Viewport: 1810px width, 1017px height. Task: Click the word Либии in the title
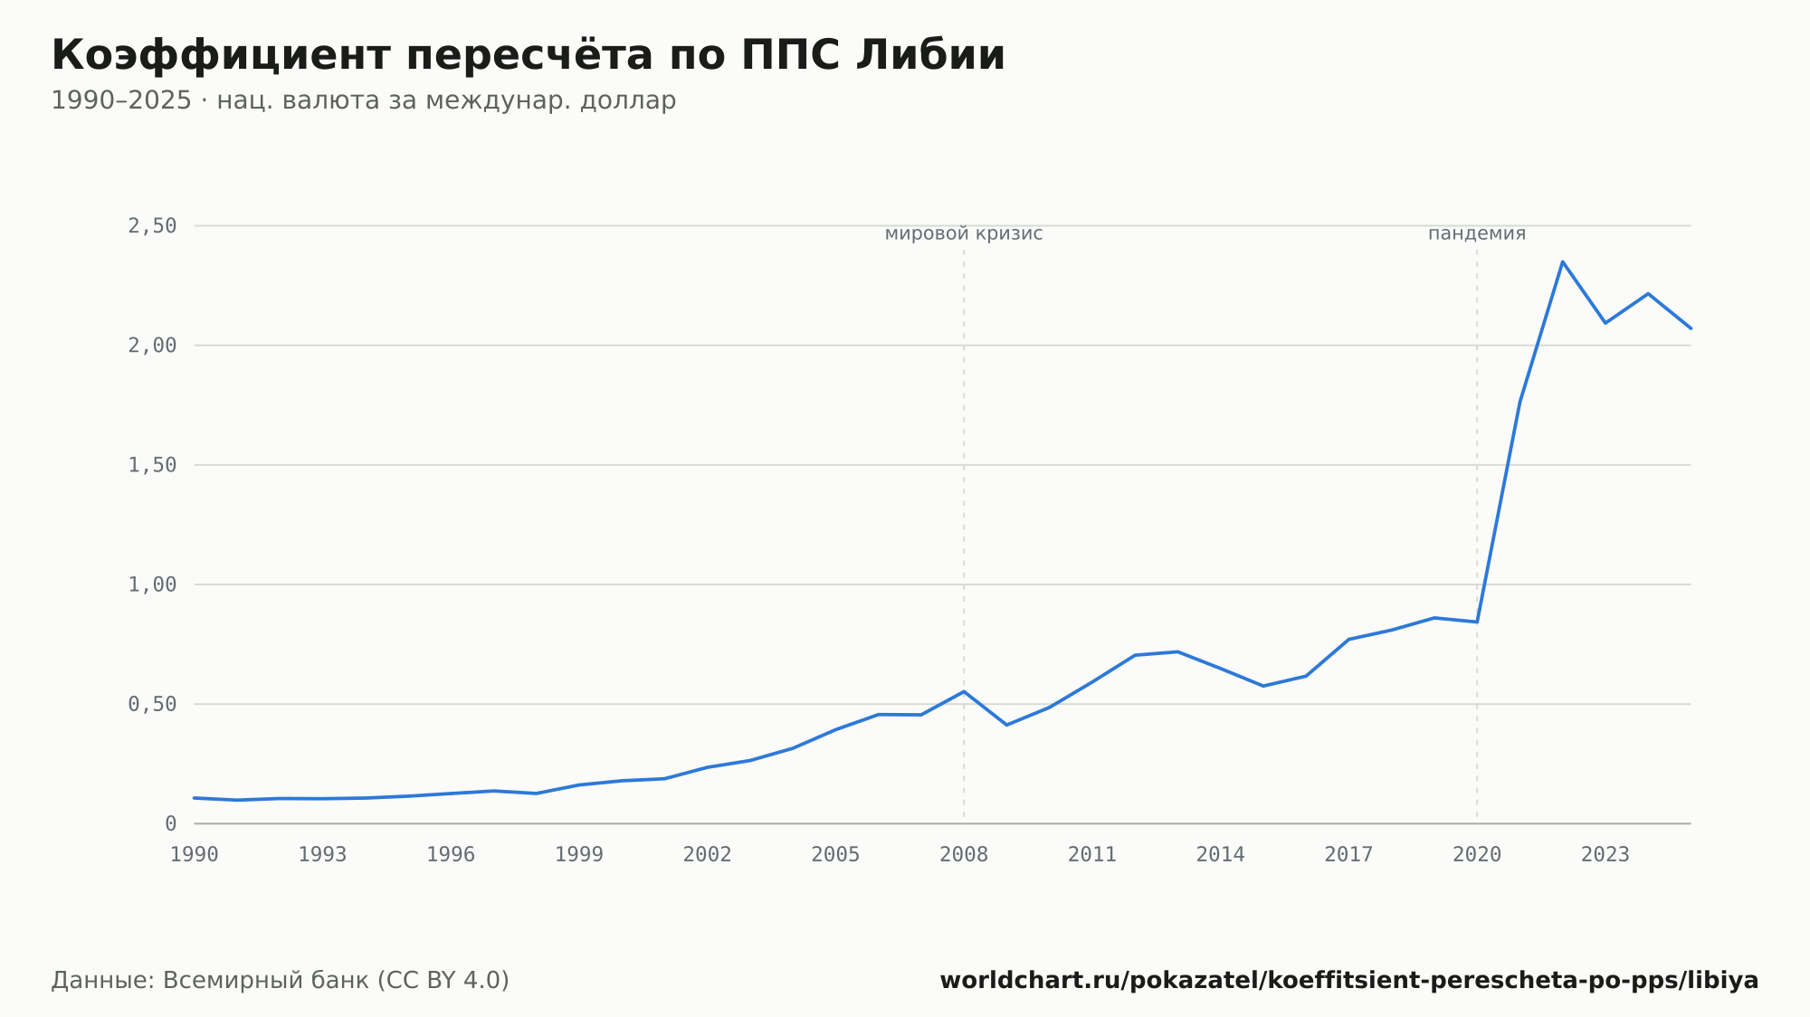930,55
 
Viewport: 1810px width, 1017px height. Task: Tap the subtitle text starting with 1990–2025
364,100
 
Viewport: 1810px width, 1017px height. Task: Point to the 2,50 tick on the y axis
152,226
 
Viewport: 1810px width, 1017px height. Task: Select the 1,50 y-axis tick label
152,465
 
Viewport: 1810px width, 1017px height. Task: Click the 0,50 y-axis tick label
152,704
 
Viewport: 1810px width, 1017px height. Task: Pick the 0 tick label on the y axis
170,823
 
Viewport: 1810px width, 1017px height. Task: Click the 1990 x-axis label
195,855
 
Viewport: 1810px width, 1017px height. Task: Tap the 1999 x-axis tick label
579,855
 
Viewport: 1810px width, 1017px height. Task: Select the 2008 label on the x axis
964,855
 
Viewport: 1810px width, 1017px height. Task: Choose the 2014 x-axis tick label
1221,855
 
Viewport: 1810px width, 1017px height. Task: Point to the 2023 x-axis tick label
1605,855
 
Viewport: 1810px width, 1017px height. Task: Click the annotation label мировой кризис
964,233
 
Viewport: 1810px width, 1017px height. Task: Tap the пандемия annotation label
1477,233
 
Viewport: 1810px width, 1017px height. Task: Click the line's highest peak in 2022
1562,261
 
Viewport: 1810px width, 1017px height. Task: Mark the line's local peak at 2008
964,691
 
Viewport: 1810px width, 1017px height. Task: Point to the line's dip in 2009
1006,725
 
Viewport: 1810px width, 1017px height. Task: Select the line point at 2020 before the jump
1477,622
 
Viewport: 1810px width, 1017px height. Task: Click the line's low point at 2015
1263,686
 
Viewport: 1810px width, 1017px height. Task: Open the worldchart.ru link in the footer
1349,981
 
